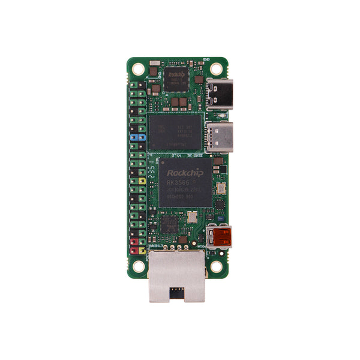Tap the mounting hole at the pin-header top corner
pos(138,67)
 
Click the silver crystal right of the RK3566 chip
pos(220,189)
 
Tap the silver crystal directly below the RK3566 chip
pos(192,218)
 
